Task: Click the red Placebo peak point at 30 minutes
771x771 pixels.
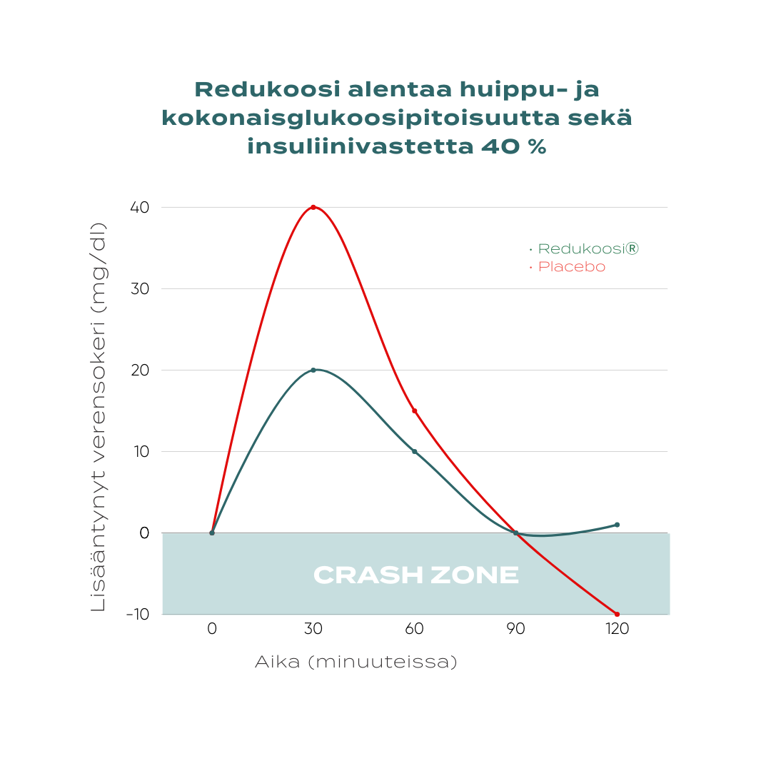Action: point(313,207)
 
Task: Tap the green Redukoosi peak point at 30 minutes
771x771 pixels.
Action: point(313,370)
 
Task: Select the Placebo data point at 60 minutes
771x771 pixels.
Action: point(414,410)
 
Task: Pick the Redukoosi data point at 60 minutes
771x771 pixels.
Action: point(414,451)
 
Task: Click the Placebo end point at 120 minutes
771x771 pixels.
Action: point(617,614)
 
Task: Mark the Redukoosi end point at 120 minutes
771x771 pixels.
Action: point(617,525)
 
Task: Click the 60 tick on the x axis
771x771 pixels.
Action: point(414,629)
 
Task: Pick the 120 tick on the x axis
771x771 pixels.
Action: point(617,629)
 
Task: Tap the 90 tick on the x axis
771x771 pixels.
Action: point(515,629)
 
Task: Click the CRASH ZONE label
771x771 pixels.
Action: point(415,575)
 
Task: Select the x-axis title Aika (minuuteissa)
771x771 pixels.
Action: point(356,662)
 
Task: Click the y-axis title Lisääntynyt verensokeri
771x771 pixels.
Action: point(99,418)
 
